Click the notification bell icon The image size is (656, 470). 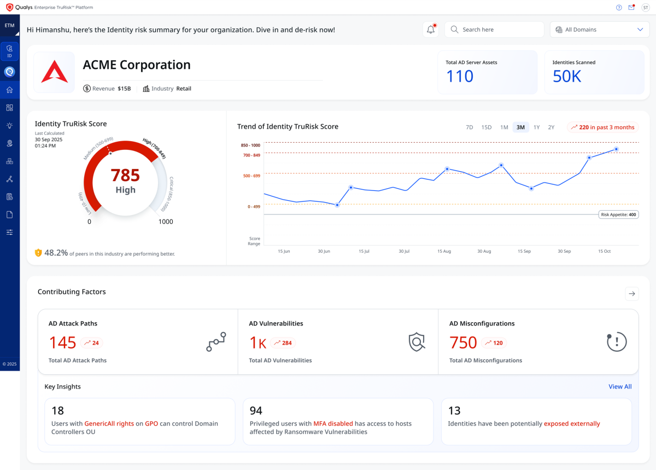[431, 30]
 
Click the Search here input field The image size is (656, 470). [494, 30]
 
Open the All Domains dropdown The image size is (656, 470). [600, 30]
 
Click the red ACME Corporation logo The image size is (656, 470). [55, 72]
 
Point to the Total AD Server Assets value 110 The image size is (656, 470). [460, 77]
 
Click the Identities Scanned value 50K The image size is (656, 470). [567, 77]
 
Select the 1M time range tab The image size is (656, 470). [504, 127]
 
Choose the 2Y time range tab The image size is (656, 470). [551, 127]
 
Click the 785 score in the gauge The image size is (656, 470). [125, 175]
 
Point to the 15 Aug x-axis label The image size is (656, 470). [444, 251]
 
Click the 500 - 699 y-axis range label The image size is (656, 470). [251, 176]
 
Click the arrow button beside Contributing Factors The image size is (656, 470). [632, 294]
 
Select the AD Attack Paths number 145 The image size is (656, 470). [63, 343]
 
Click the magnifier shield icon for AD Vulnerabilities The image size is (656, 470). [417, 342]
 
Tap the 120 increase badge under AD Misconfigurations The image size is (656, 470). [494, 343]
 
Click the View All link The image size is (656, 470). [620, 387]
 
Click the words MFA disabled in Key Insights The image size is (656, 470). [333, 423]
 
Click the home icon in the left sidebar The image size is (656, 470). [10, 90]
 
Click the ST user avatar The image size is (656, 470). [646, 7]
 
